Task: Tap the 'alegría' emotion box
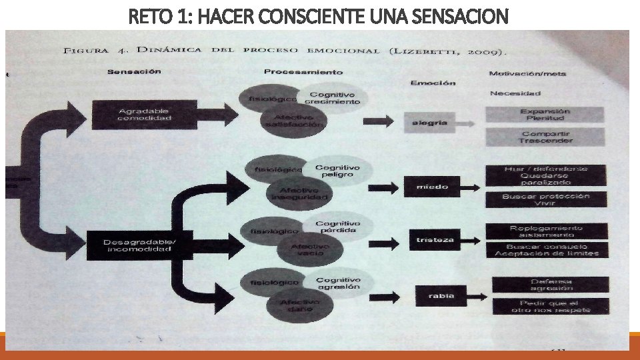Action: (430, 123)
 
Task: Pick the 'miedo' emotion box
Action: (432, 187)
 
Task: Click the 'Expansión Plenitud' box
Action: (546, 115)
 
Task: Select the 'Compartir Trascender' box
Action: (546, 137)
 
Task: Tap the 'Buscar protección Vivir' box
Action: (546, 199)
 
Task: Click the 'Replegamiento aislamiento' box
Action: (546, 231)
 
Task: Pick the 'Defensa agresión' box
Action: (551, 285)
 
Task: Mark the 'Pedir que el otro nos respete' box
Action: (551, 307)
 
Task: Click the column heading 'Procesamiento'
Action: (303, 71)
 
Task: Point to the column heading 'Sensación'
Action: (134, 71)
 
